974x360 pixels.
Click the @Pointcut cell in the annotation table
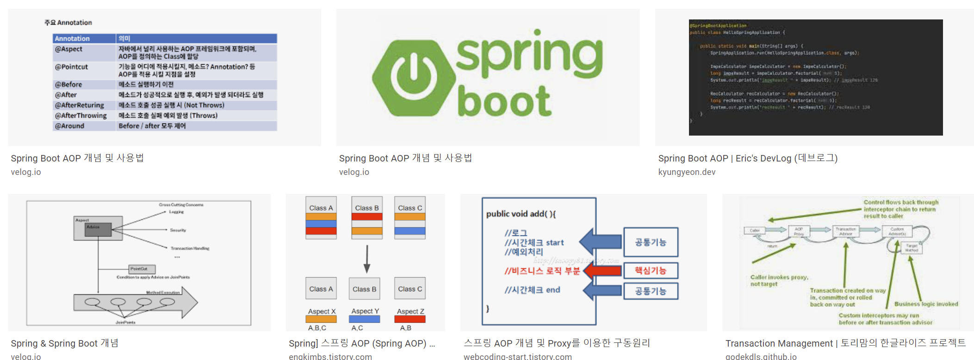pyautogui.click(x=72, y=67)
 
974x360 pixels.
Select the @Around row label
pyautogui.click(x=70, y=126)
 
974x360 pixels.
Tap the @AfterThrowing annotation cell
pyautogui.click(x=81, y=116)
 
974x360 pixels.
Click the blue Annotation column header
pyautogui.click(x=73, y=38)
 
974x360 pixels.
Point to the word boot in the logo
pyautogui.click(x=504, y=101)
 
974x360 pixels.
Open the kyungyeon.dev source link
pyautogui.click(x=687, y=172)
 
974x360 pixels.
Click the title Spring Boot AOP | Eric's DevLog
pyautogui.click(x=748, y=158)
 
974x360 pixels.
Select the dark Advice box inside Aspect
pyautogui.click(x=98, y=230)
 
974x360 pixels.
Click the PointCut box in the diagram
pyautogui.click(x=142, y=269)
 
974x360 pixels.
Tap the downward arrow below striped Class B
pyautogui.click(x=367, y=259)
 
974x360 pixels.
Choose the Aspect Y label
pyautogui.click(x=365, y=311)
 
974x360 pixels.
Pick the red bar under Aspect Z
pyautogui.click(x=410, y=319)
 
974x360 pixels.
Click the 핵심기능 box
pyautogui.click(x=651, y=271)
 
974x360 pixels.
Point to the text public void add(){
pyautogui.click(x=521, y=214)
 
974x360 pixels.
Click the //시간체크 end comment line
pyautogui.click(x=532, y=290)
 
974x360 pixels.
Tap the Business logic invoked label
pyautogui.click(x=926, y=304)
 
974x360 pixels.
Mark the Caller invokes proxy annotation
pyautogui.click(x=779, y=280)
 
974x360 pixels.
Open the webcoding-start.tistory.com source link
pyautogui.click(x=518, y=356)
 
